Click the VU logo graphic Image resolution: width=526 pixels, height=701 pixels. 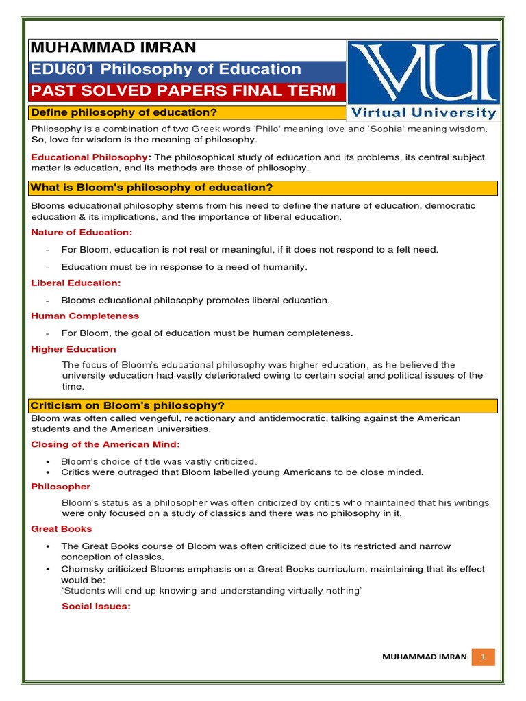[423, 72]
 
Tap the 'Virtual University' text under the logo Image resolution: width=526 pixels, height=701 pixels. [424, 113]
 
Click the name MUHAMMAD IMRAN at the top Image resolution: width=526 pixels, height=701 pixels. [112, 47]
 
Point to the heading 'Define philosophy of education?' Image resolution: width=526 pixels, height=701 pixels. [124, 112]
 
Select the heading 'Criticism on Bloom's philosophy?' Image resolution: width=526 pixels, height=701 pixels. [128, 405]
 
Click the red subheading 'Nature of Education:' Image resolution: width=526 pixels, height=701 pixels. [82, 233]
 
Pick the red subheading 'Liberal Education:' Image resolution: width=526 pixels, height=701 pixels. [76, 283]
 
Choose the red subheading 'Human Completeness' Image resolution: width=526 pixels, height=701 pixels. [85, 316]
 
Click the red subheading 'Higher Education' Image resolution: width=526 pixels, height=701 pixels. [73, 349]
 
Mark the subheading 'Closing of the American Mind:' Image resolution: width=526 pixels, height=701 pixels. [105, 444]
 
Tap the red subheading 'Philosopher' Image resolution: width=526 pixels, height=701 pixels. [60, 487]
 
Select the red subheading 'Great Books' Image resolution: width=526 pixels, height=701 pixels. [62, 529]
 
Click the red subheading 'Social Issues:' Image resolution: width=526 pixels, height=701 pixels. [96, 607]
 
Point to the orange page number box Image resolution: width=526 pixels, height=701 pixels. [484, 657]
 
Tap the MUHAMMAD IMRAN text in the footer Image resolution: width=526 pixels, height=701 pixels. [424, 657]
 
